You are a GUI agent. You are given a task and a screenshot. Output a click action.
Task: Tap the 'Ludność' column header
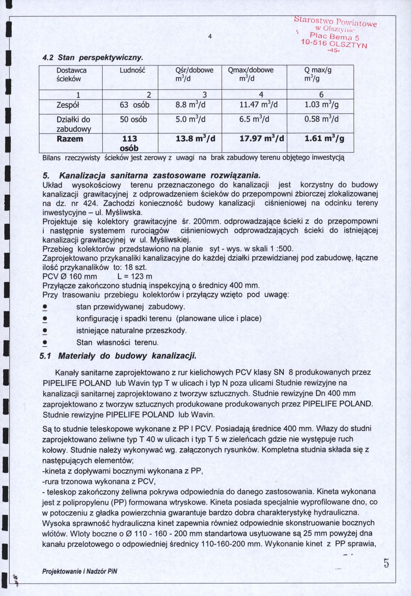(x=133, y=70)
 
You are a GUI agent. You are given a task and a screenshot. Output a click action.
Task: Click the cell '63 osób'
(x=135, y=105)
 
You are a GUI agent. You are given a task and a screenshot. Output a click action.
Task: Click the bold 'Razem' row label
(x=70, y=139)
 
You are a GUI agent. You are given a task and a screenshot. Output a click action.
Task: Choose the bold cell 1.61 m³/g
(x=324, y=139)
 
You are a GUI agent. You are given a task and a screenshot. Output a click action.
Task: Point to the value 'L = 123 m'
(x=135, y=277)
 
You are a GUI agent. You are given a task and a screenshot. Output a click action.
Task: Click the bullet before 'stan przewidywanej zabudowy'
(x=45, y=308)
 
